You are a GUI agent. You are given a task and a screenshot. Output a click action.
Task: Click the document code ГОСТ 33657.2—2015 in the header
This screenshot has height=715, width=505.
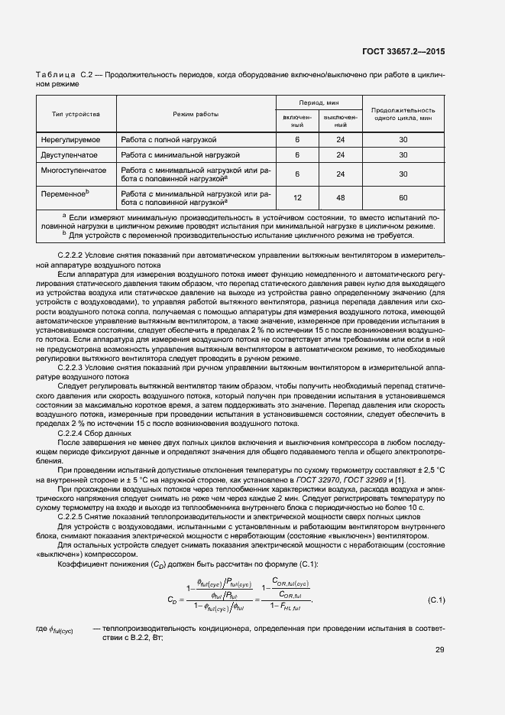pyautogui.click(x=403, y=50)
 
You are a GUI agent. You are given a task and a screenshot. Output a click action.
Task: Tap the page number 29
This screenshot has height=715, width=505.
pyautogui.click(x=439, y=650)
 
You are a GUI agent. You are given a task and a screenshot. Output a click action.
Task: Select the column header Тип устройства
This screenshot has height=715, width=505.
pyautogui.click(x=76, y=114)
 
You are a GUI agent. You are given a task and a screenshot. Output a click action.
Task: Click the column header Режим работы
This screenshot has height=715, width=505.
pyautogui.click(x=195, y=114)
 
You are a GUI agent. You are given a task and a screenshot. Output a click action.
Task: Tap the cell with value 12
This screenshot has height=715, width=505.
pyautogui.click(x=297, y=197)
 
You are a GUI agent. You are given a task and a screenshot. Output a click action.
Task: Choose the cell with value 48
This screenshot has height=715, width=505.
pyautogui.click(x=340, y=197)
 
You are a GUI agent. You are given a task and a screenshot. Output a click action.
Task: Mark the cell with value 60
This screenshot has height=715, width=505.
pyautogui.click(x=403, y=197)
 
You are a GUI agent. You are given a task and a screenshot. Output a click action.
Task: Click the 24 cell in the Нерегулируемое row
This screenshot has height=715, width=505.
pyautogui.click(x=340, y=140)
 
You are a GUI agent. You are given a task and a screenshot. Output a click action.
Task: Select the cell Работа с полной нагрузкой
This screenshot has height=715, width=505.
pyautogui.click(x=169, y=140)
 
